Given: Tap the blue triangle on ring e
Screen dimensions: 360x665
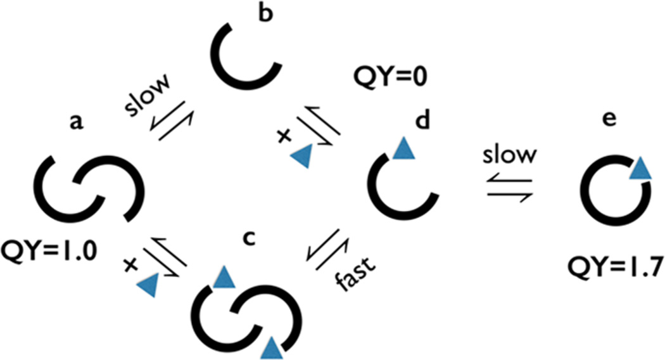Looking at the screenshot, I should [x=640, y=169].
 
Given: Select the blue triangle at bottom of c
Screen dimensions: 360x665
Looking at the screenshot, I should [x=272, y=347].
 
